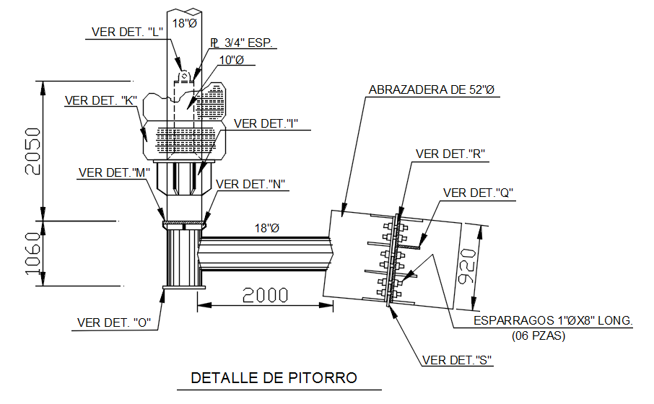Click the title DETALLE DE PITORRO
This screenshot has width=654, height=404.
pyautogui.click(x=274, y=377)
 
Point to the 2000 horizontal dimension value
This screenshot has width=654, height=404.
pyautogui.click(x=264, y=295)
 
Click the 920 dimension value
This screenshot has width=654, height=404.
pyautogui.click(x=468, y=266)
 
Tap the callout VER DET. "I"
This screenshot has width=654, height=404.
pyautogui.click(x=266, y=123)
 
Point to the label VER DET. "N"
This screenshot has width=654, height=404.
pyautogui.click(x=251, y=184)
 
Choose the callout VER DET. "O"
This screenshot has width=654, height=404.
pyautogui.click(x=113, y=322)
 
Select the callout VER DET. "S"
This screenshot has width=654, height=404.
pyautogui.click(x=457, y=360)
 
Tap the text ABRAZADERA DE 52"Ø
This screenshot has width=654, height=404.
pyautogui.click(x=432, y=90)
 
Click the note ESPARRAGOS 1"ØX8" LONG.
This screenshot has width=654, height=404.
pyautogui.click(x=552, y=320)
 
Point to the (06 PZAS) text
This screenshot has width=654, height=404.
pyautogui.click(x=539, y=335)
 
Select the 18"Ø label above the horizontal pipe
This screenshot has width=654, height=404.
pyautogui.click(x=266, y=228)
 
